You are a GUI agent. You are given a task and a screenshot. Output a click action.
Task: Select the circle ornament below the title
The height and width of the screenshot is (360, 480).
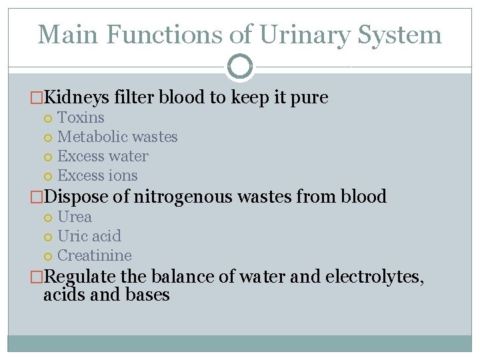click(x=240, y=67)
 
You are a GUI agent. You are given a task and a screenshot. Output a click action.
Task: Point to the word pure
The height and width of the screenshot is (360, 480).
click(x=310, y=98)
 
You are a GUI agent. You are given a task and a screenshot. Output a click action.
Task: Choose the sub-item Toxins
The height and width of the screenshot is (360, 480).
click(x=81, y=118)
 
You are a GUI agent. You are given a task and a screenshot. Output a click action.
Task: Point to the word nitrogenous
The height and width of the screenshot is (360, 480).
click(x=179, y=197)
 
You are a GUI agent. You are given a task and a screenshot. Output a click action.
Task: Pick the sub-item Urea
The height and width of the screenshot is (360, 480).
click(x=75, y=217)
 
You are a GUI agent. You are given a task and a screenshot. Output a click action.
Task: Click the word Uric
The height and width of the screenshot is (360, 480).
click(x=71, y=237)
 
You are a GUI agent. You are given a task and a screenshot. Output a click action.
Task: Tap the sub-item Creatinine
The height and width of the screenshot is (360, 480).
click(x=95, y=256)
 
